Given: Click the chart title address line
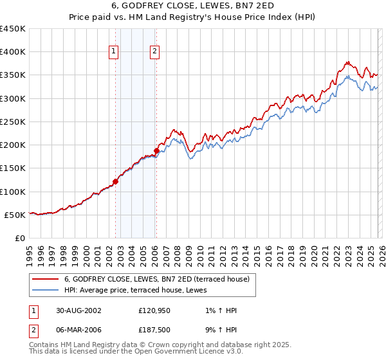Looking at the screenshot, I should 193,6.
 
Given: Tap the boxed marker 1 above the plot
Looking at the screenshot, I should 113,52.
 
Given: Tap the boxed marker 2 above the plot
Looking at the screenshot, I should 156,52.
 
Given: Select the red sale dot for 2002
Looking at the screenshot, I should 116,181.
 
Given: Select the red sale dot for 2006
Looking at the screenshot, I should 156,150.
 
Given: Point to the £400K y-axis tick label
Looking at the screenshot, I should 13,52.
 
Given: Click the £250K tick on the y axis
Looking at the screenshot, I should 13,122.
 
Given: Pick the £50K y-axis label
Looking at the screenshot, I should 15,215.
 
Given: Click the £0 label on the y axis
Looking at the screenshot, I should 21,238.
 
